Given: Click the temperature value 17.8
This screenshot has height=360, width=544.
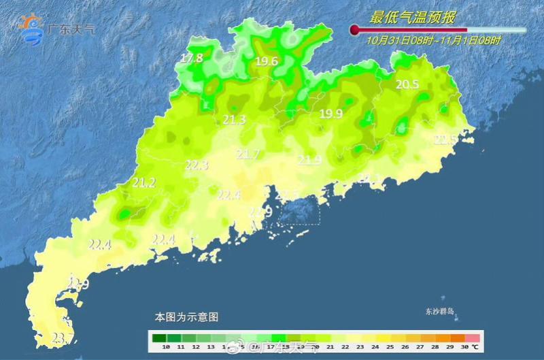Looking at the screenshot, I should (192, 59).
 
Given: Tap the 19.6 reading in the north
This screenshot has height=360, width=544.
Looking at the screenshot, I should (267, 62).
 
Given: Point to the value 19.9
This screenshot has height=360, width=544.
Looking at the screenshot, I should (331, 114).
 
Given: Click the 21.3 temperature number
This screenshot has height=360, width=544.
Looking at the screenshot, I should (234, 120).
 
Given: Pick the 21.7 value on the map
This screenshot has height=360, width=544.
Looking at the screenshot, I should (248, 155).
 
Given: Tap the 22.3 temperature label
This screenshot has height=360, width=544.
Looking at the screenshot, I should (197, 165).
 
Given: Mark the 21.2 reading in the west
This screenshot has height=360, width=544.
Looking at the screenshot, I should (143, 183).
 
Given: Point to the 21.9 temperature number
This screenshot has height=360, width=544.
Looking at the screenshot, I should (309, 161).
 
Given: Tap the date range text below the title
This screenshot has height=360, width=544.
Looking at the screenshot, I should (434, 41).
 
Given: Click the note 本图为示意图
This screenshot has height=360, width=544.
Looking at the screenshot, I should (186, 317).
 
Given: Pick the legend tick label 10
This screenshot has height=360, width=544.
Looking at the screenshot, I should (165, 347).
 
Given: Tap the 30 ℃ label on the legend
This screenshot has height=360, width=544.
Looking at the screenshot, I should (470, 347).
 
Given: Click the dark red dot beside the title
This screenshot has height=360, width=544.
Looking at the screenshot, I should (354, 30).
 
